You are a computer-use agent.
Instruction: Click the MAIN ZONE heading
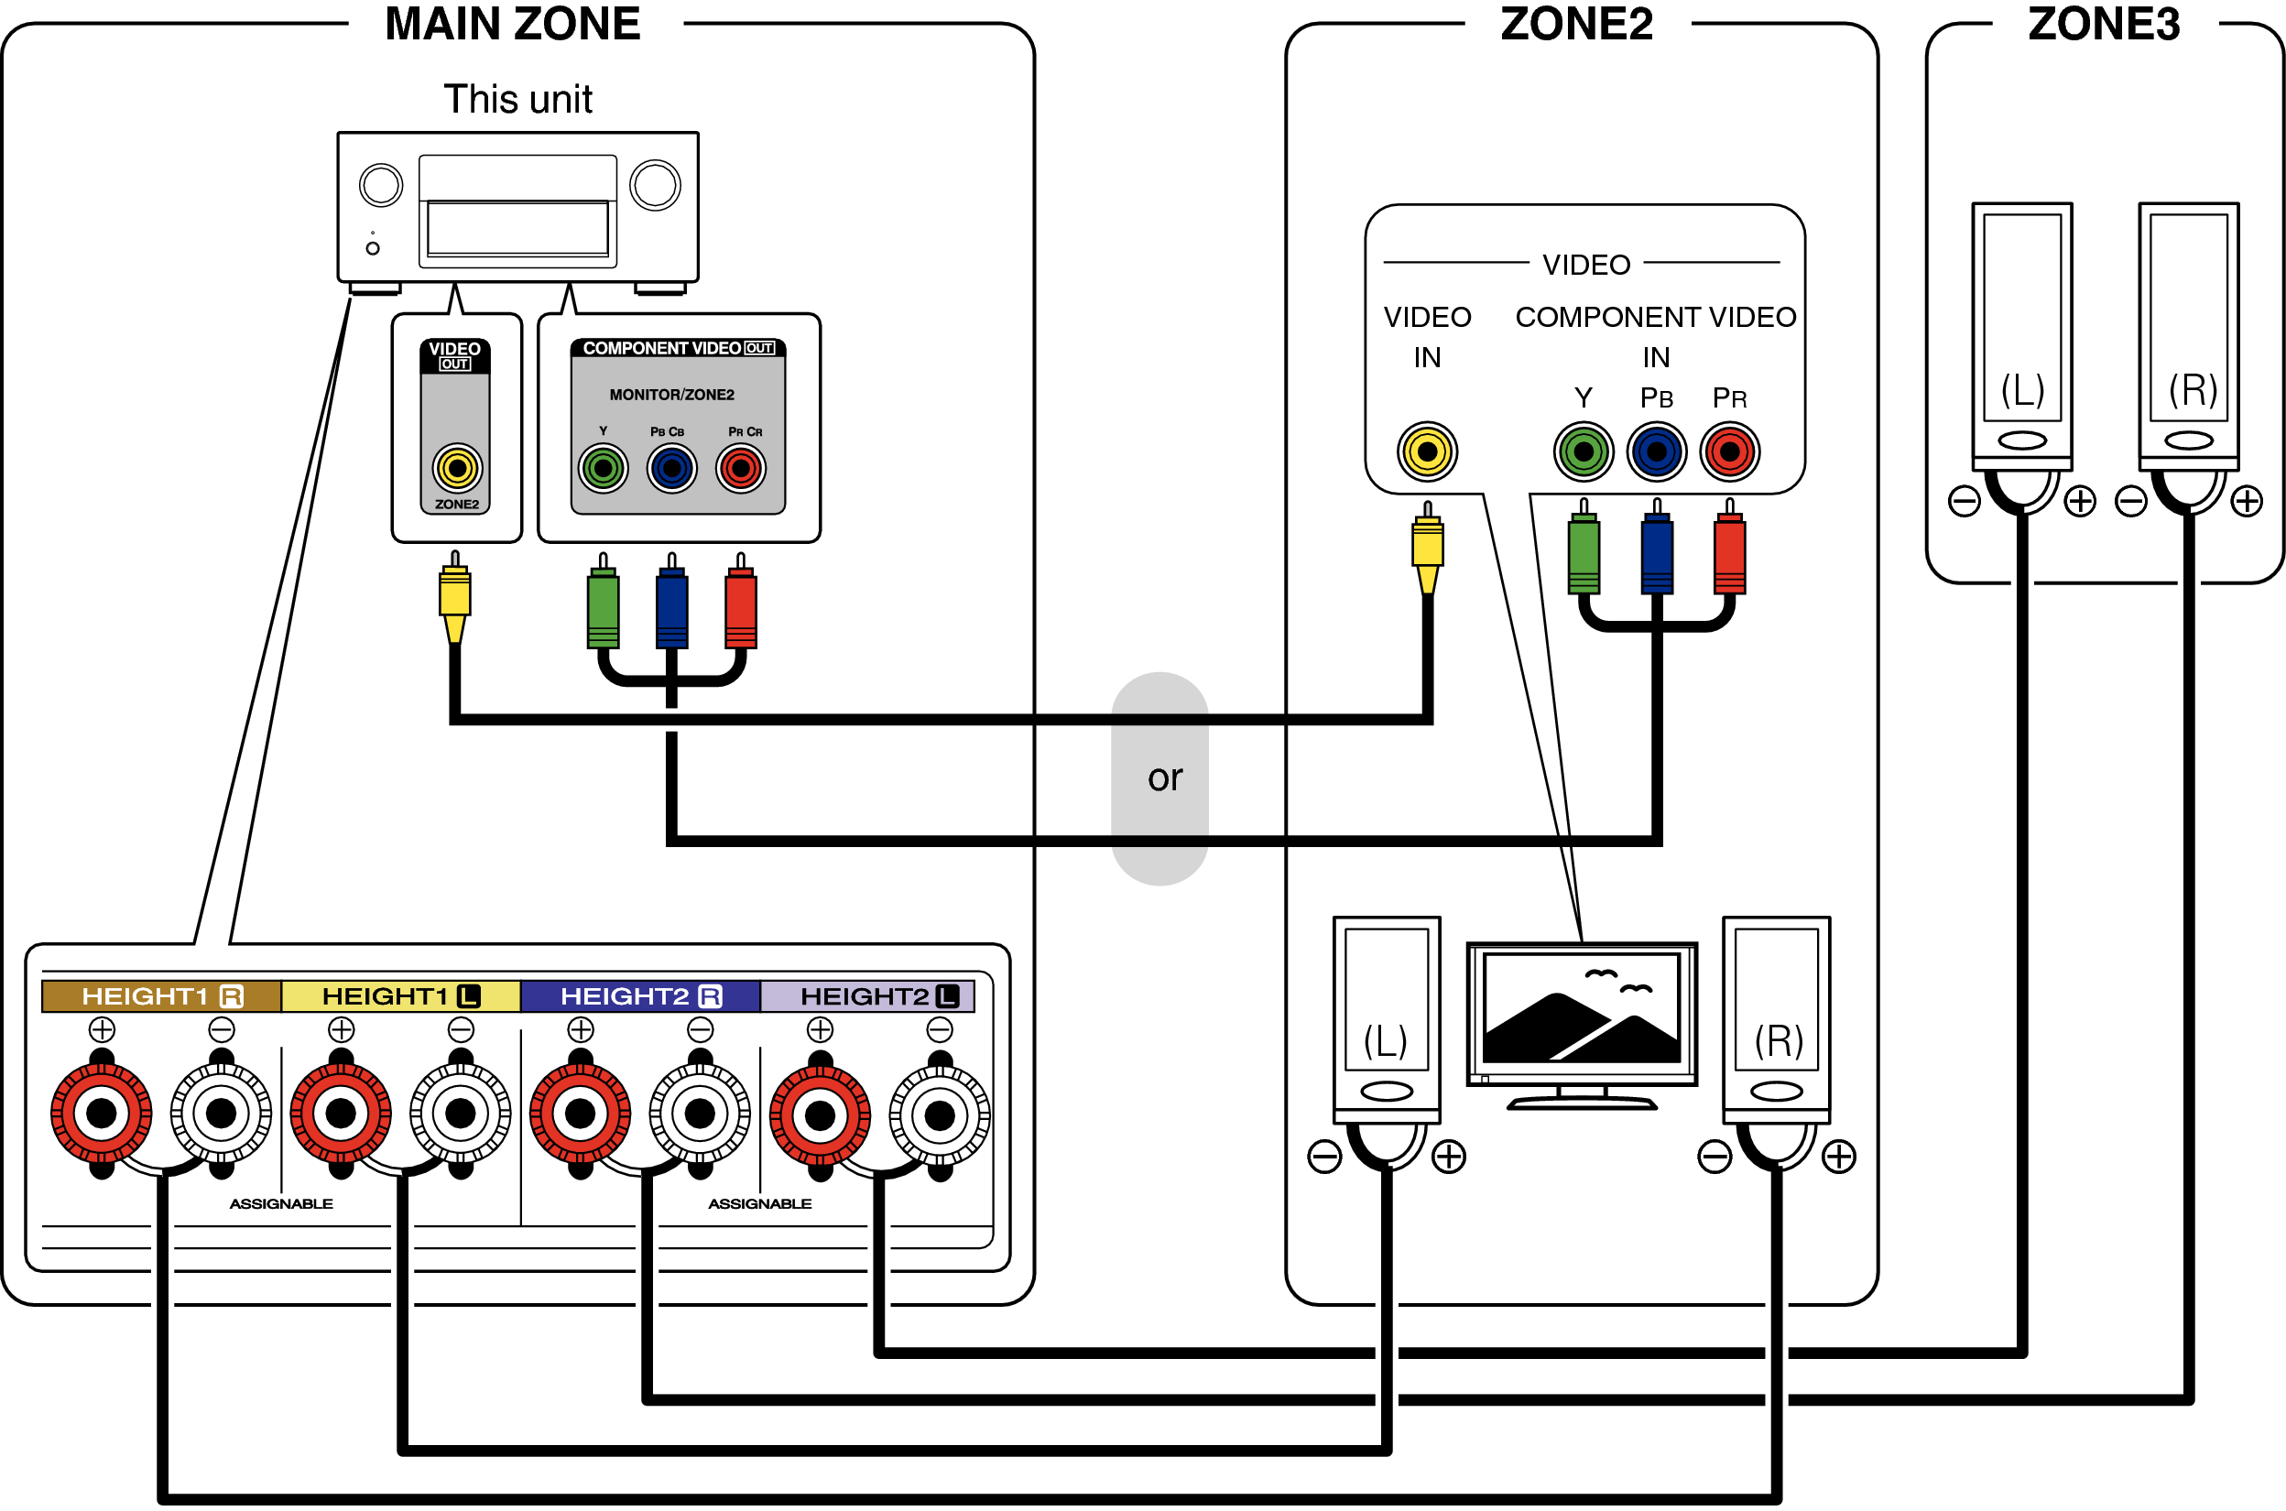(512, 24)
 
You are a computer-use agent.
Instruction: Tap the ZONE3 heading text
(2103, 24)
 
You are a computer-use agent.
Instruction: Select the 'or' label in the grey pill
(1164, 777)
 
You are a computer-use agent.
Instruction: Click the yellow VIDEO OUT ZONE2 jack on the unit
(457, 469)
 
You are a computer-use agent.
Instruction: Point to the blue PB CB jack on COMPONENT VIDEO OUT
(671, 469)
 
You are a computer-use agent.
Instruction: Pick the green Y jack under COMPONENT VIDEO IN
(1583, 451)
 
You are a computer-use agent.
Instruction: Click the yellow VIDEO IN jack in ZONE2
(1426, 451)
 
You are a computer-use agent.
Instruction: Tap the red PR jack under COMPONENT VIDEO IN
(1729, 451)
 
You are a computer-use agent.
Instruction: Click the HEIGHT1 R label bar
(161, 996)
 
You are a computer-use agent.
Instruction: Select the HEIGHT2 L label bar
(867, 996)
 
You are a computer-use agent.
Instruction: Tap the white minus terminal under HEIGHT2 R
(700, 1114)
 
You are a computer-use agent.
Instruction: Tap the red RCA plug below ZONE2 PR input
(1729, 554)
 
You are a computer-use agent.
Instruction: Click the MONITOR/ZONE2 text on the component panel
(671, 395)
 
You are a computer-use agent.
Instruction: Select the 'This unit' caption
(517, 99)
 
